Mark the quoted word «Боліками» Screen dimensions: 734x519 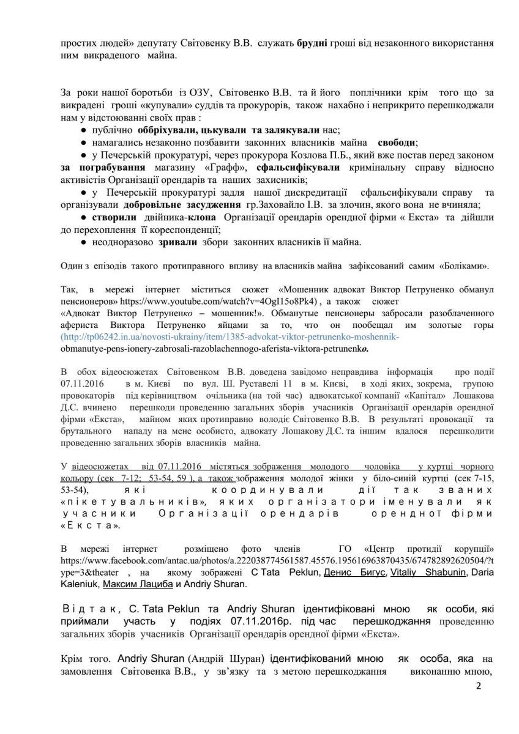click(463, 266)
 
